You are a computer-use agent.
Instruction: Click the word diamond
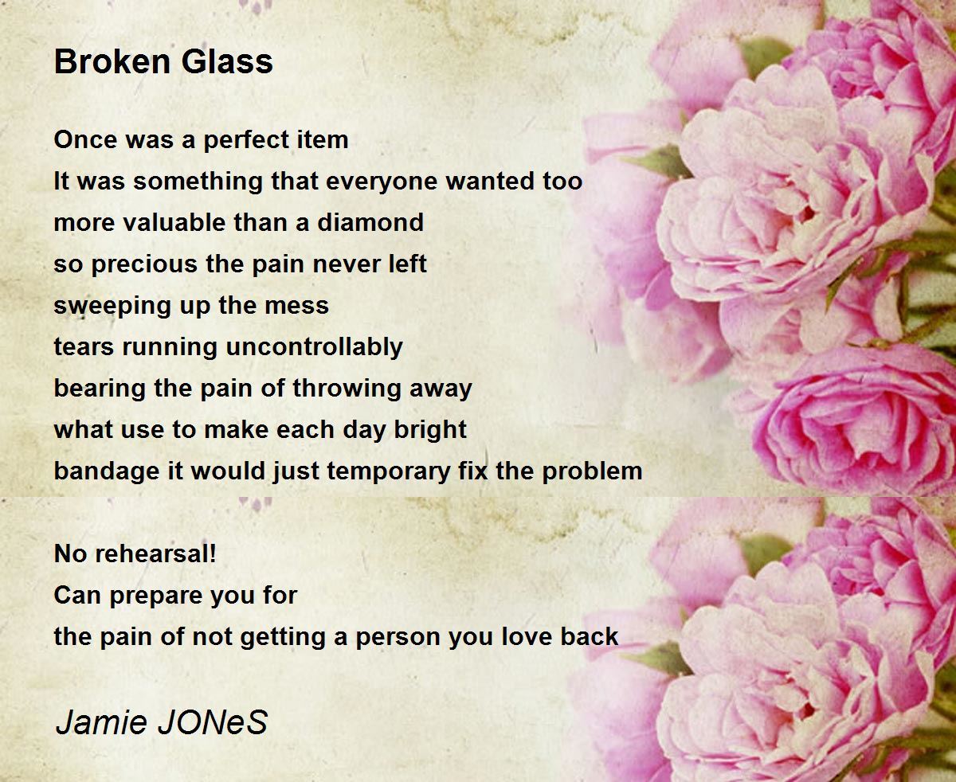pyautogui.click(x=370, y=222)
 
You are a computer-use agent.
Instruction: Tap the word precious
pyautogui.click(x=145, y=264)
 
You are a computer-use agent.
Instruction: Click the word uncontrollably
pyautogui.click(x=314, y=347)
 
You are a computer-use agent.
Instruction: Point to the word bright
pyautogui.click(x=430, y=430)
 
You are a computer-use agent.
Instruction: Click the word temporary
pyautogui.click(x=389, y=471)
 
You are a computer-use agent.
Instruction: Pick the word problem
pyautogui.click(x=592, y=471)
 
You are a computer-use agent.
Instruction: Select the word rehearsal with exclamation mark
pyautogui.click(x=155, y=554)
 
